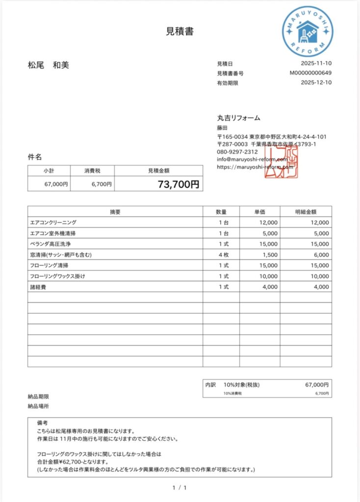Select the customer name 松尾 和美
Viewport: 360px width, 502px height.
point(48,65)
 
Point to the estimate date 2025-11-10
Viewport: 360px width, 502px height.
point(316,64)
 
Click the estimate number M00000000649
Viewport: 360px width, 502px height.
point(310,73)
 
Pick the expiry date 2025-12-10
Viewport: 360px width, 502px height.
point(316,83)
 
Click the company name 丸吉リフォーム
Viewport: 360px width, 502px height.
point(238,118)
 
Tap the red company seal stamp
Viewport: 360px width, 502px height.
point(281,161)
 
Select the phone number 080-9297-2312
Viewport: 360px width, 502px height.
point(237,152)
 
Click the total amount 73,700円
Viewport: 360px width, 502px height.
point(179,185)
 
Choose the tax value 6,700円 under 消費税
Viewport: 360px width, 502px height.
point(101,184)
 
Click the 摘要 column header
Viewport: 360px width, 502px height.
point(115,212)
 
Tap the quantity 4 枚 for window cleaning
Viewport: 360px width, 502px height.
point(221,255)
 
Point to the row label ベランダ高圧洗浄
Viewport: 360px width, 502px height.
point(51,244)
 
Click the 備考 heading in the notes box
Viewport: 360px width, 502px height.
point(42,423)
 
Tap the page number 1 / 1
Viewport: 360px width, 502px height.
point(180,488)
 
